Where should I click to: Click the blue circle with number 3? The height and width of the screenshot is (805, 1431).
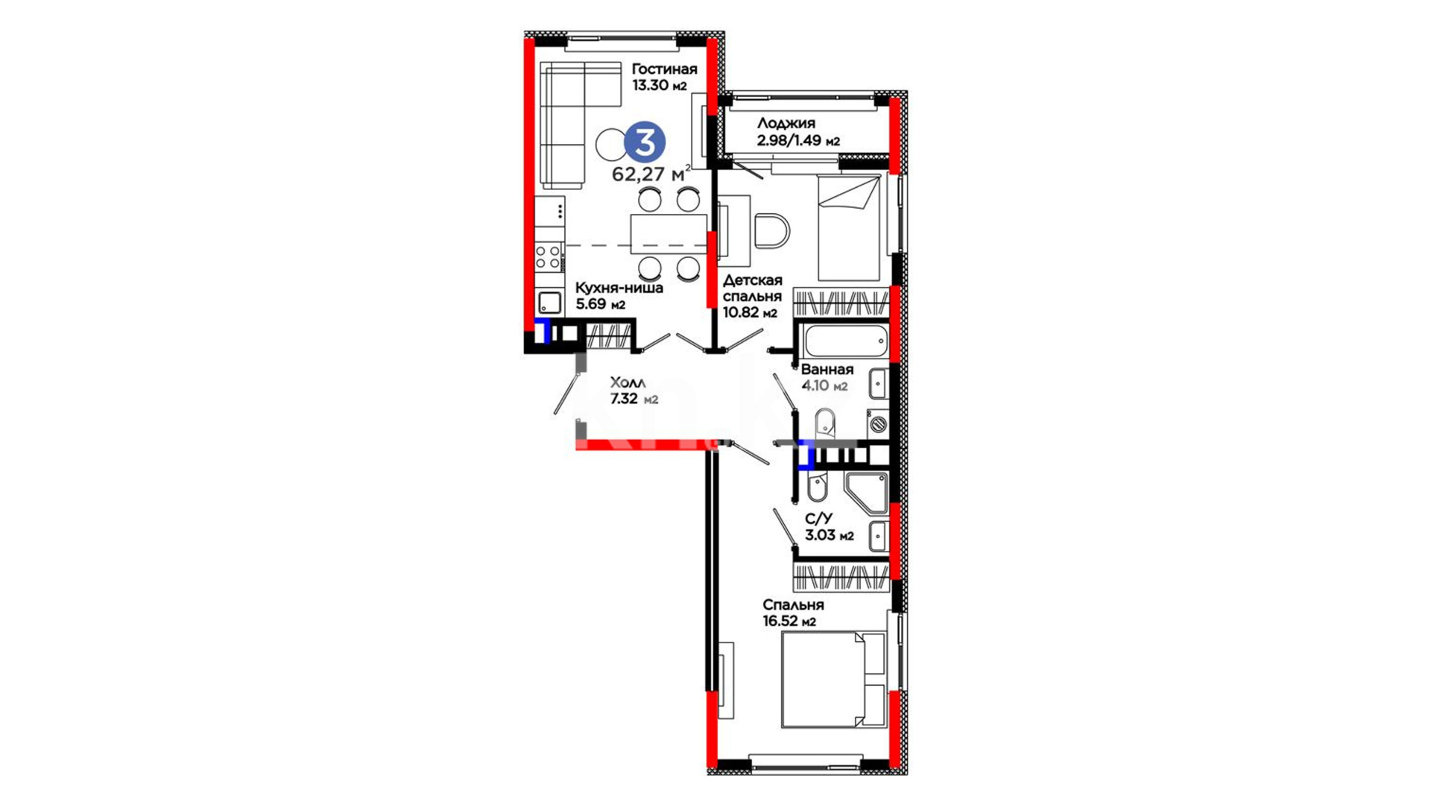point(645,142)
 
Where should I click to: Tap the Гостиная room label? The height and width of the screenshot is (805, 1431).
point(665,69)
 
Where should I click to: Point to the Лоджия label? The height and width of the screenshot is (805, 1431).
point(786,124)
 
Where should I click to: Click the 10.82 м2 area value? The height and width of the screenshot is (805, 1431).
point(750,313)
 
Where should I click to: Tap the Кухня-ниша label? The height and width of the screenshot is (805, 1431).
point(619,288)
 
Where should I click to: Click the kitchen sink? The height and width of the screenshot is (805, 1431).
point(550,302)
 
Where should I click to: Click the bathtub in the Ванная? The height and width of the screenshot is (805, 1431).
point(845,342)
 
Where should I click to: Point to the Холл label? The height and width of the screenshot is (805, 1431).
point(628,382)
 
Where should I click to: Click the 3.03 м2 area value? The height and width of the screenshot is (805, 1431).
point(830,535)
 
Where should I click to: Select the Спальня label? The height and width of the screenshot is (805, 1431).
point(793,605)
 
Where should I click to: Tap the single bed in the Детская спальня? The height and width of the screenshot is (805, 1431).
point(849,227)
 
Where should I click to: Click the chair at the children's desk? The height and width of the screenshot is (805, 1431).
point(771,230)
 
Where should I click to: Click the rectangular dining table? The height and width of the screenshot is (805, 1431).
point(669,234)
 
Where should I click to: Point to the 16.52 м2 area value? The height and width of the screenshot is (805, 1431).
point(789,622)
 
